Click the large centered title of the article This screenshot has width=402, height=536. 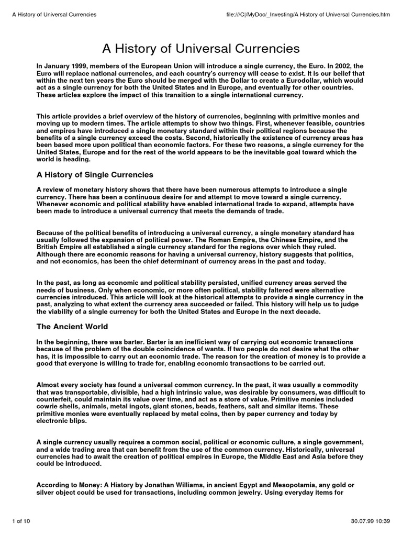pyautogui.click(x=201, y=49)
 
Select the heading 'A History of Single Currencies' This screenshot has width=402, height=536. pyautogui.click(x=95, y=174)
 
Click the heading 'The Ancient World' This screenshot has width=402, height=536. pyautogui.click(x=72, y=327)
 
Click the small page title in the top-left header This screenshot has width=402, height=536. pyautogui.click(x=54, y=14)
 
